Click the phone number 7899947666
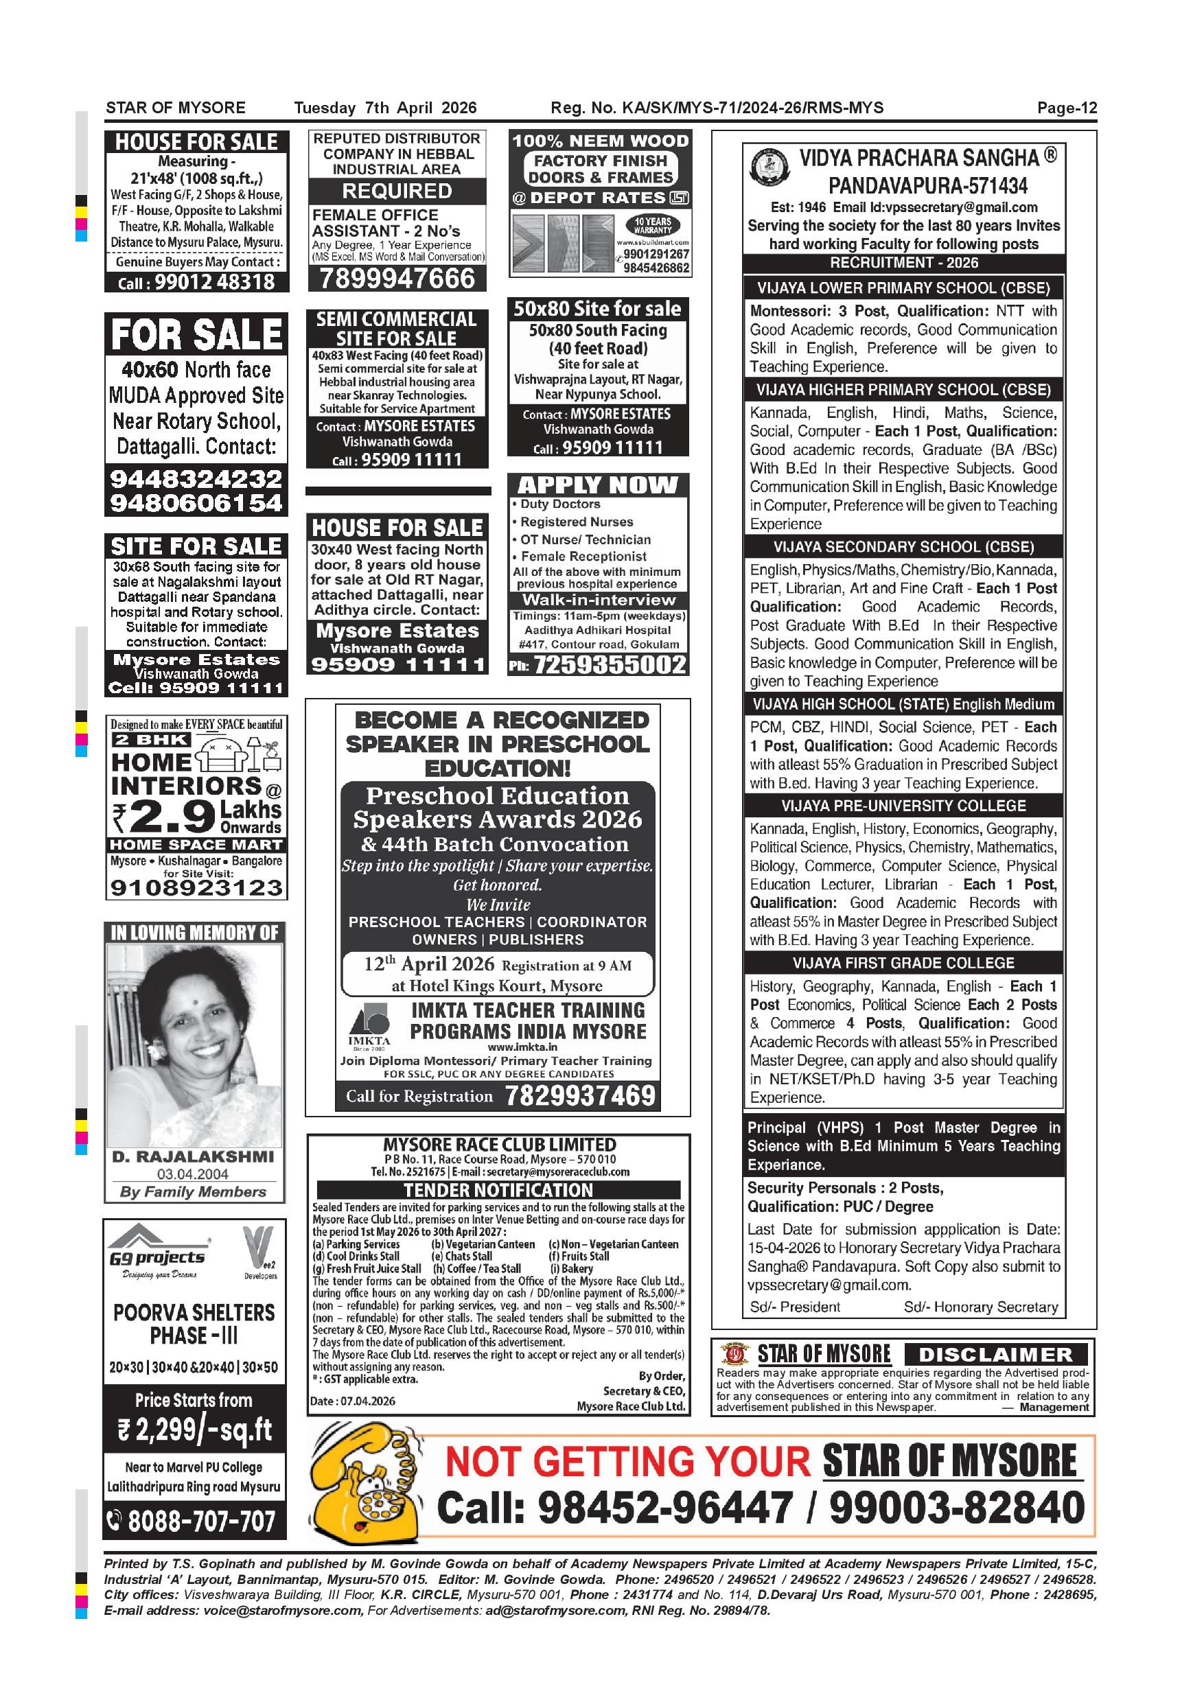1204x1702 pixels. tap(397, 279)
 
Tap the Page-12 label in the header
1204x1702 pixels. tap(1066, 108)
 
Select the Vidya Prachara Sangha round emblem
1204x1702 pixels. tap(769, 168)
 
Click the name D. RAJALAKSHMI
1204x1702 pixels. tap(193, 1156)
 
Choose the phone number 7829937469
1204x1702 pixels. tap(581, 1095)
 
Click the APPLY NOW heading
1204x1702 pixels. tap(598, 485)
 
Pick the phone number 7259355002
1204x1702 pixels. tap(610, 665)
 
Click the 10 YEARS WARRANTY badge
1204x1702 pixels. tap(651, 226)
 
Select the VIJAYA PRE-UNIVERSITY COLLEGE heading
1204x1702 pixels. tap(903, 806)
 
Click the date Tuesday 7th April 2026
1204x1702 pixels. tap(385, 108)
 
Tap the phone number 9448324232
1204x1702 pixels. tap(196, 478)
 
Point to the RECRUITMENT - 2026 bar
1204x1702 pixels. tap(903, 262)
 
